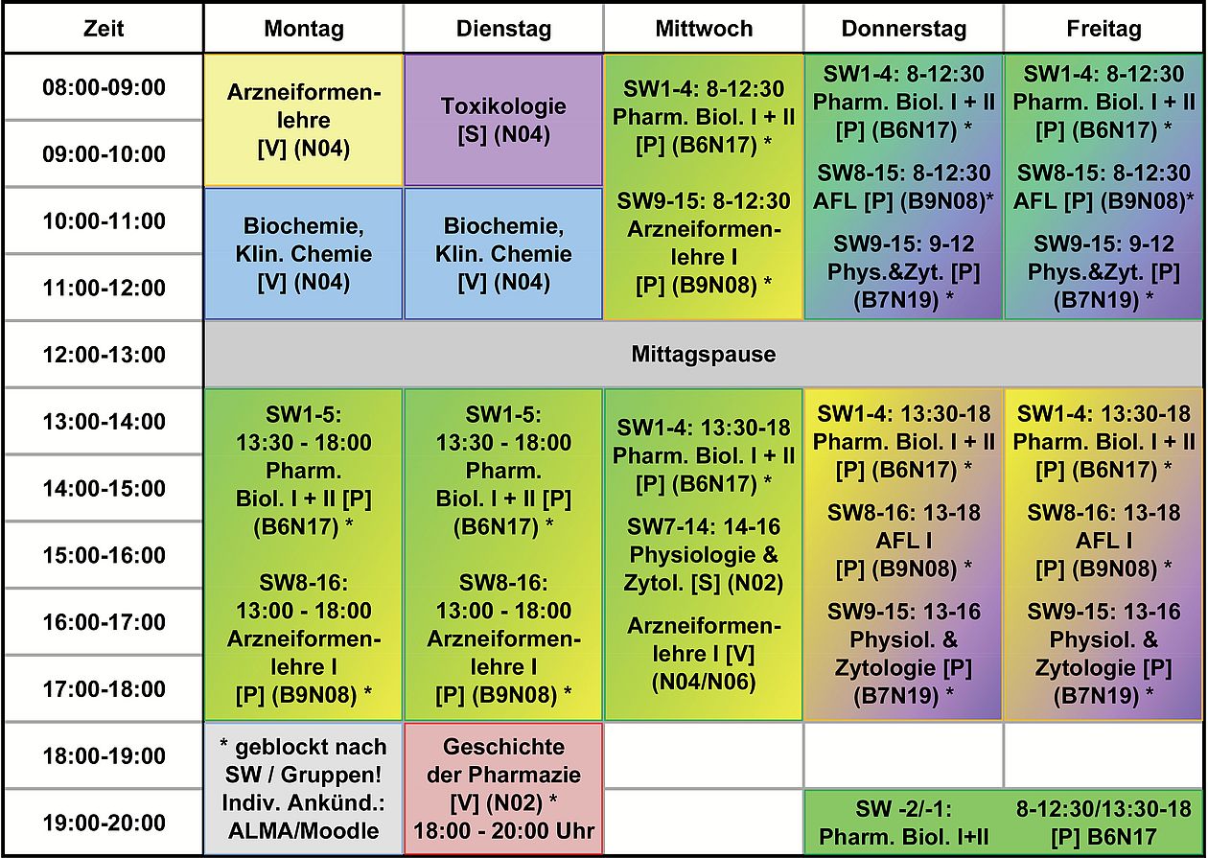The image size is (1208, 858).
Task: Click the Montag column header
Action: [x=303, y=29]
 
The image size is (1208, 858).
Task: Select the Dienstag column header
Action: [x=503, y=29]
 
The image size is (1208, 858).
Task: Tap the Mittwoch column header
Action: [x=704, y=29]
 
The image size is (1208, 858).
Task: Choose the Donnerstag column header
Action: [x=903, y=29]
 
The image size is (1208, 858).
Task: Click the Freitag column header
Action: [x=1103, y=29]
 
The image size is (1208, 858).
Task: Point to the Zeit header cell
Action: [x=104, y=29]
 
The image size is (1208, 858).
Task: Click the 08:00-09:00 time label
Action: [x=104, y=88]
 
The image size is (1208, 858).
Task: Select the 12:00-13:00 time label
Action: [x=104, y=355]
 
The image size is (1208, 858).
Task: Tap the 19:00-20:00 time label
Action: [x=104, y=823]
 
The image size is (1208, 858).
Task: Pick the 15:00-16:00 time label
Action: [x=104, y=555]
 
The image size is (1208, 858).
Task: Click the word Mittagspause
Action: [x=704, y=355]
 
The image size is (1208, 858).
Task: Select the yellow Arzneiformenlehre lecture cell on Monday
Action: [x=303, y=120]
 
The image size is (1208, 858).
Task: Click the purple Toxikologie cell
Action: [x=503, y=120]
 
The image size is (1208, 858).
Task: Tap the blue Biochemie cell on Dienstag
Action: [x=503, y=254]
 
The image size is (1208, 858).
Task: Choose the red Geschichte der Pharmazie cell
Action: [x=503, y=788]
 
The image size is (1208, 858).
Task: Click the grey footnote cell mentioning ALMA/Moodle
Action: [x=303, y=788]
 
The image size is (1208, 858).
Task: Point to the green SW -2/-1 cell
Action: [x=1003, y=822]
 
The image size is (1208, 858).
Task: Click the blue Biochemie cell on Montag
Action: [x=303, y=254]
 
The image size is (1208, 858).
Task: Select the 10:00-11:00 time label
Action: [x=104, y=221]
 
